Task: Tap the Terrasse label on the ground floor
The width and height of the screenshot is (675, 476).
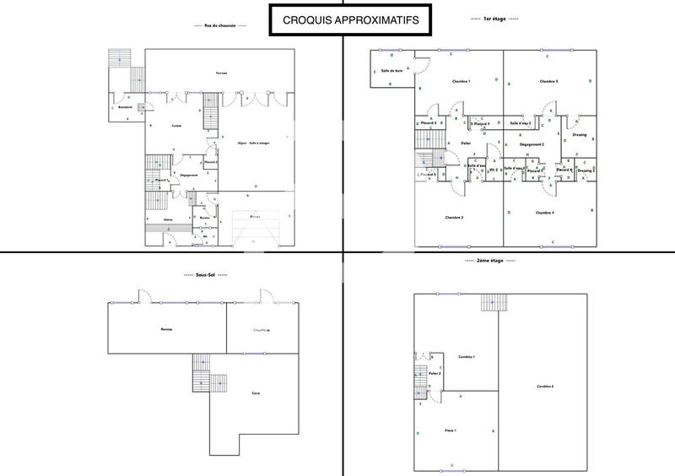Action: [222, 73]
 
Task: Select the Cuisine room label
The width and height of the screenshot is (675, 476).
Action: [176, 126]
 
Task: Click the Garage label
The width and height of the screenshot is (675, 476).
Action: [256, 217]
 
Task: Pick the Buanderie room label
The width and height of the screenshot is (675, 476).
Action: [126, 107]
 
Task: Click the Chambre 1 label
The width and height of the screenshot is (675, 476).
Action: [461, 81]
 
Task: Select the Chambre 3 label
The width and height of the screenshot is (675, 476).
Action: [549, 81]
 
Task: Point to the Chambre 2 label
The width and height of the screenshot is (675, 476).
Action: [454, 217]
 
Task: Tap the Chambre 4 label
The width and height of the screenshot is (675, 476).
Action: [545, 212]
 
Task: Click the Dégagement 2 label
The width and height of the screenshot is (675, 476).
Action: [532, 144]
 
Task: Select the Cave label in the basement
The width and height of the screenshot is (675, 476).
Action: [255, 393]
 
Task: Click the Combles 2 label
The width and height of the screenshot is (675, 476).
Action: [545, 386]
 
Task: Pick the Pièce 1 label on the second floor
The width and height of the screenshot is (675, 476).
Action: [450, 430]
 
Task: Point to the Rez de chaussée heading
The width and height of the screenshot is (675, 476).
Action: [220, 26]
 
